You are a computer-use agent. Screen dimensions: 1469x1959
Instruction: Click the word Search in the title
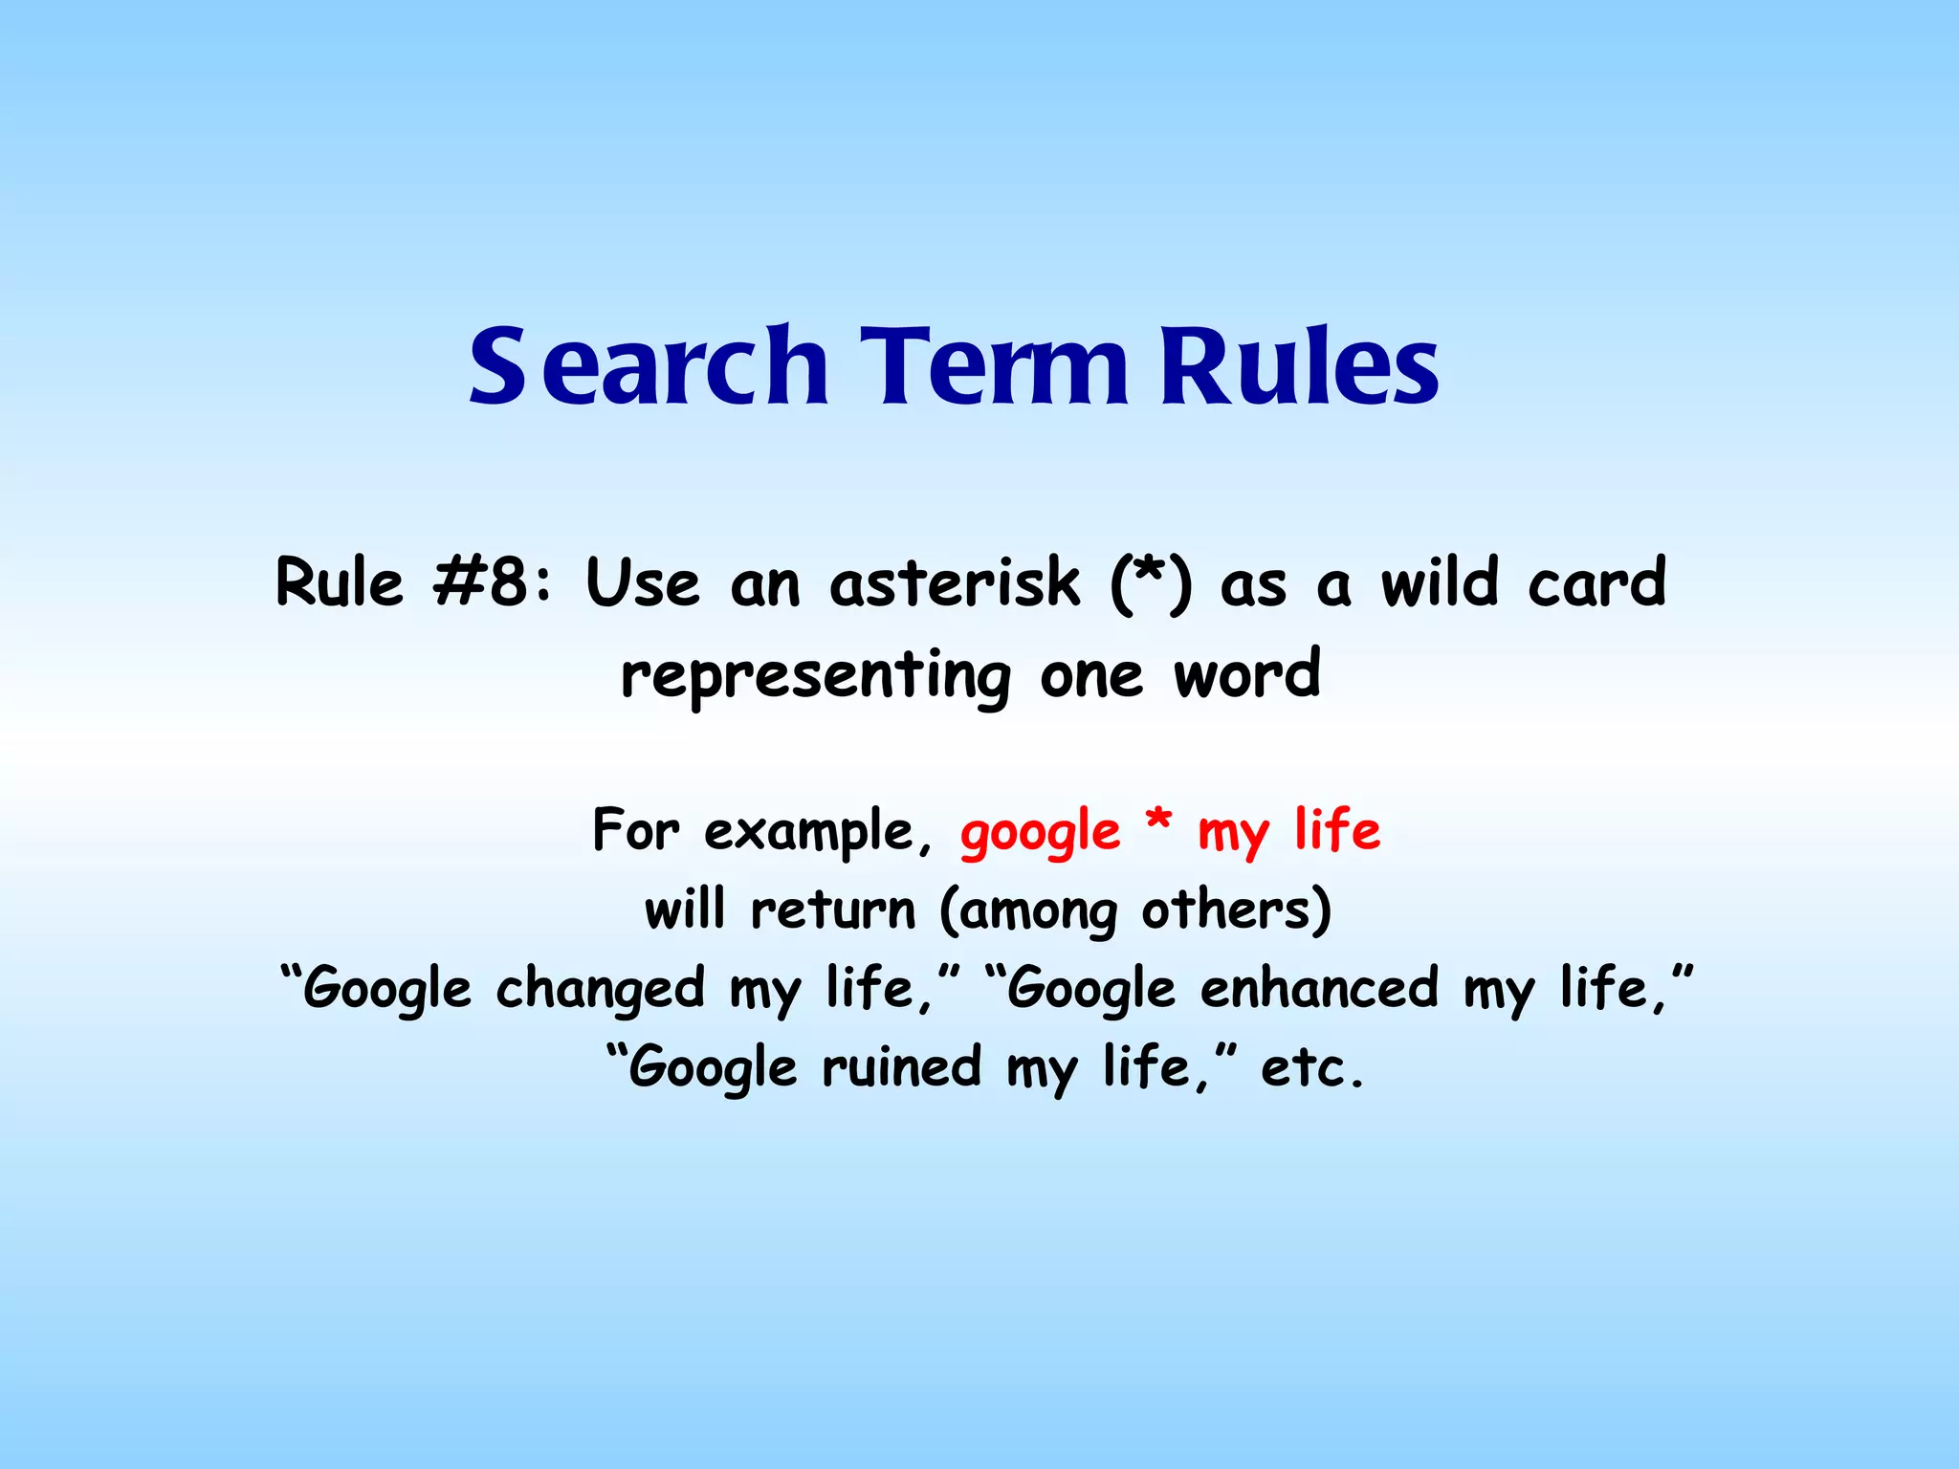[x=648, y=366]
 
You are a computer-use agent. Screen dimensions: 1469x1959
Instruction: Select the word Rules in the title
[x=1298, y=366]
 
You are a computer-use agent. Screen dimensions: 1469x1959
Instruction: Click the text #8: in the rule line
[x=492, y=582]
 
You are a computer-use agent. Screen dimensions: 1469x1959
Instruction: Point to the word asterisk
[x=954, y=582]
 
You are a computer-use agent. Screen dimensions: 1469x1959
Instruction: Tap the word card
[x=1596, y=582]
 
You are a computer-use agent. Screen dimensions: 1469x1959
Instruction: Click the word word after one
[x=1247, y=675]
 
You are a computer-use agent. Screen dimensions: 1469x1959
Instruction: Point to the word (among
[x=1028, y=911]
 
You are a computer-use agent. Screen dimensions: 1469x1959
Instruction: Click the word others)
[x=1236, y=910]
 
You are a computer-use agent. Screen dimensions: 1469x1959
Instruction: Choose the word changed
[x=600, y=990]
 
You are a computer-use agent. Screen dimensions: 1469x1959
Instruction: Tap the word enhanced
[x=1319, y=988]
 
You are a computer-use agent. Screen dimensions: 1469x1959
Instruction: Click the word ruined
[x=901, y=1067]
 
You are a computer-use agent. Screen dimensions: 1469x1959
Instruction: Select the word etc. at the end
[x=1311, y=1069]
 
